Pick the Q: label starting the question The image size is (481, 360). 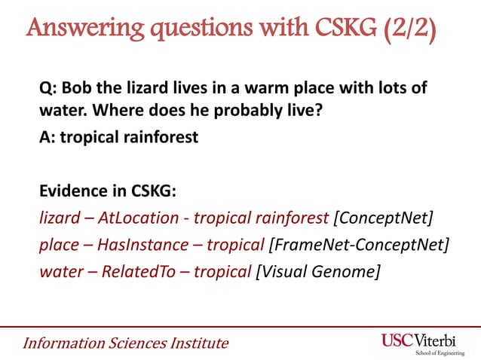(47, 90)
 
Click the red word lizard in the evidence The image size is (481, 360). (57, 218)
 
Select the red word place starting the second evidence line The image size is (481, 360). (59, 245)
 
